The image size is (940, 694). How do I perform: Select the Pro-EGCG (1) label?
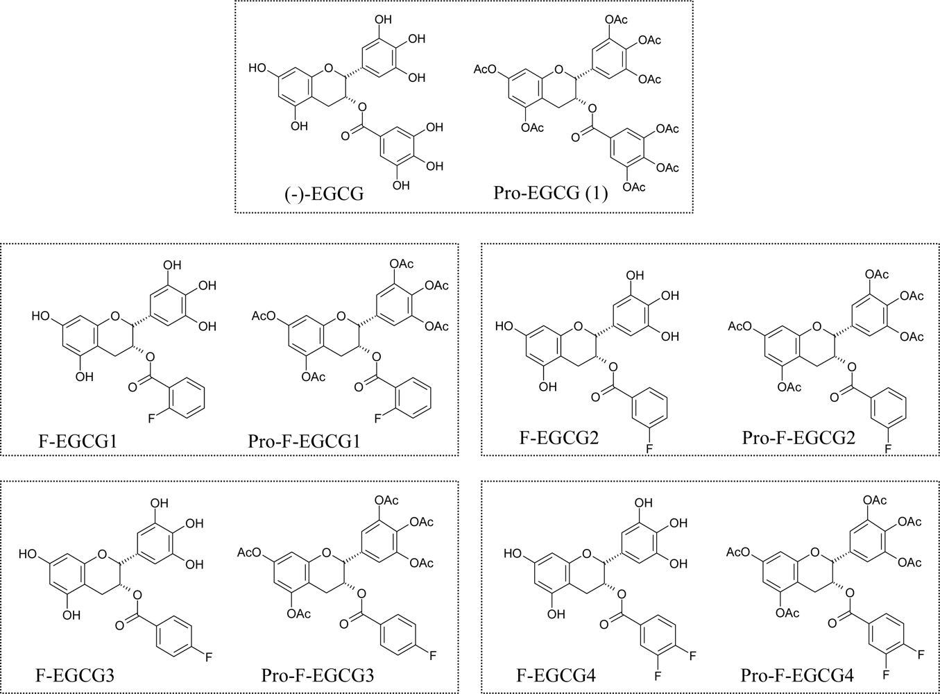click(x=550, y=194)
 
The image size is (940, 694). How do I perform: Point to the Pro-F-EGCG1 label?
click(x=304, y=441)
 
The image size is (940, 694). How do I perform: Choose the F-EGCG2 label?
click(x=558, y=438)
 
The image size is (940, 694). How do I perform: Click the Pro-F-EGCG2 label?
click(x=798, y=438)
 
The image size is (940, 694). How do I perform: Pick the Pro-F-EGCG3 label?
click(x=318, y=675)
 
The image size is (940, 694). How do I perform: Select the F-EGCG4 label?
click(x=556, y=675)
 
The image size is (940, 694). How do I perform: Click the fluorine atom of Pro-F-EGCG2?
click(x=887, y=450)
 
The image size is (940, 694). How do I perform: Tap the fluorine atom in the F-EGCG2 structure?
click(x=649, y=450)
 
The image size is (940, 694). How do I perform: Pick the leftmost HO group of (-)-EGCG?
click(x=257, y=68)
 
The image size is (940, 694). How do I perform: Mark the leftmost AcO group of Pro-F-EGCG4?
click(x=738, y=552)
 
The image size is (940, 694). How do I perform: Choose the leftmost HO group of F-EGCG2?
click(x=504, y=325)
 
